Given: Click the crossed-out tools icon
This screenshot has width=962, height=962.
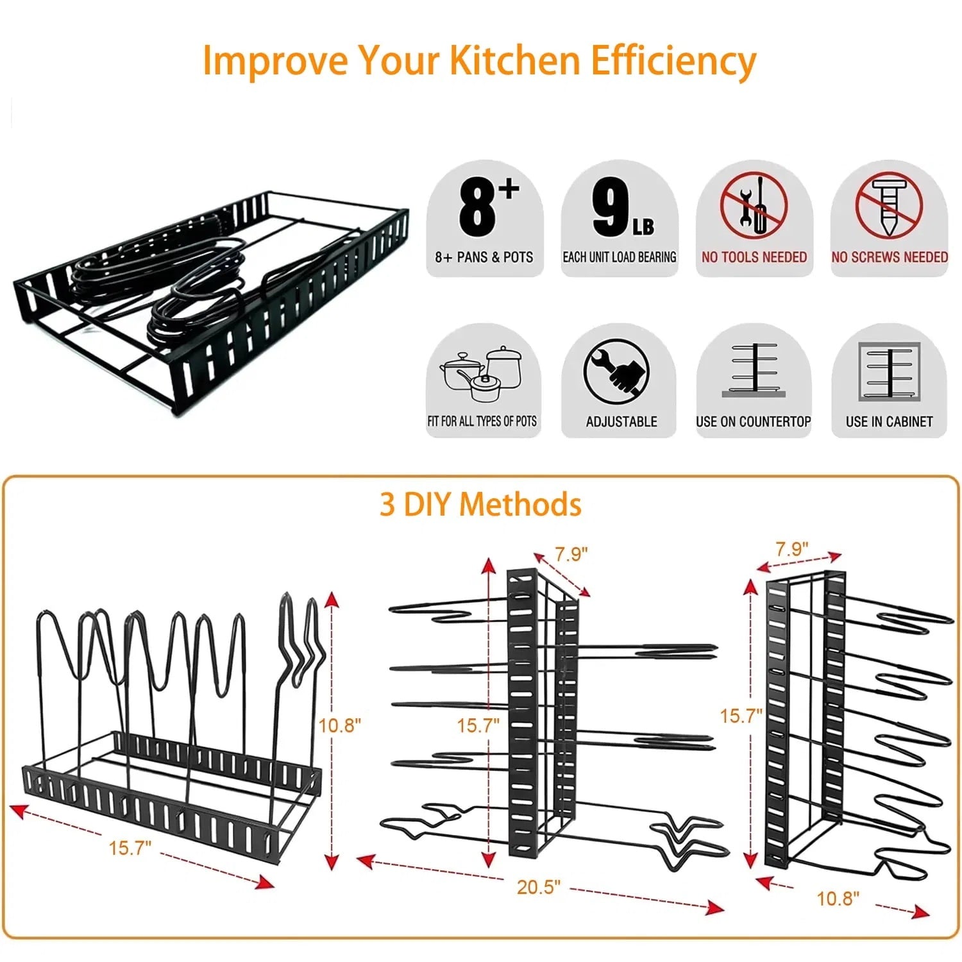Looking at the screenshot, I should coord(753,205).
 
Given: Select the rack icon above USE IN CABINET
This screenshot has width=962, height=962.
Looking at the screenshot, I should coord(889,371).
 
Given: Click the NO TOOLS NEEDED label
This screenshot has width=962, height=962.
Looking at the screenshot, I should coord(754,257).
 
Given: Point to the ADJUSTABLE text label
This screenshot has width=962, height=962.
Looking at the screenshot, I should coord(621,421).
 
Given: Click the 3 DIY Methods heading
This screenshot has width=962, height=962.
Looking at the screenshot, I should coord(480,504).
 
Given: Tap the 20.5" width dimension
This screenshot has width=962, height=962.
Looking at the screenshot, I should coord(538,887).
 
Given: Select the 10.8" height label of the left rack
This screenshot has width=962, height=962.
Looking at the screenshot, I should coord(340,725).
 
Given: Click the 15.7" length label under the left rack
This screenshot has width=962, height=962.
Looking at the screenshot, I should coord(130,848).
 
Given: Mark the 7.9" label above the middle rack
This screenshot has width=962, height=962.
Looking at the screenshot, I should coord(571,554).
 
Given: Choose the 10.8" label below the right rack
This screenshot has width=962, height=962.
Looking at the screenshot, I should coord(838,899).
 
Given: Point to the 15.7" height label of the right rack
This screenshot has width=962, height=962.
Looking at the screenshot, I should coord(740,716).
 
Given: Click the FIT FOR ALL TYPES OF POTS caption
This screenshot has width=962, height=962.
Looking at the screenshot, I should coord(482,421).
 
